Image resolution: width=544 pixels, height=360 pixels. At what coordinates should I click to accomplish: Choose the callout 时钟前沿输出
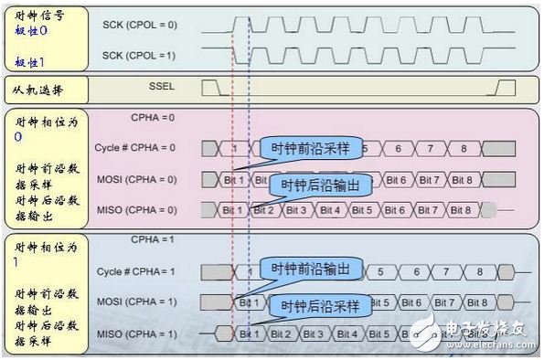coord(311,268)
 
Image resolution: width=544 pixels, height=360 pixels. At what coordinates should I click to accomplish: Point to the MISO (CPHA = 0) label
coord(137,210)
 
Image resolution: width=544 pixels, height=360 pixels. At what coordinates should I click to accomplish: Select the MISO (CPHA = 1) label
coord(137,333)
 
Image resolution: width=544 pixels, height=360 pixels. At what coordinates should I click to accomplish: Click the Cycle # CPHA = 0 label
coord(134,147)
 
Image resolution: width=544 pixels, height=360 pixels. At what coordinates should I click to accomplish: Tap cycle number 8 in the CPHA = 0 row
coord(464,147)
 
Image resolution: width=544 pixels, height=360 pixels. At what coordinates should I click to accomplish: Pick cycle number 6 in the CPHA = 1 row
coord(417,271)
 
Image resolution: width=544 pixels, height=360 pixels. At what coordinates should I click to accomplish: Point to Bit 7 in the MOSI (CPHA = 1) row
coord(445,302)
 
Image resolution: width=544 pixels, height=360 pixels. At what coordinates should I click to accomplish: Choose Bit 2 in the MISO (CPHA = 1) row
coord(281,333)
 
